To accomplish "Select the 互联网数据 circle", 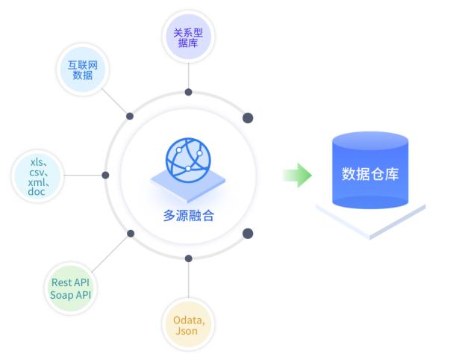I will (82, 69).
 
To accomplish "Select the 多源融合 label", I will (188, 216).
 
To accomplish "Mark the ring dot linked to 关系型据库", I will (188, 93).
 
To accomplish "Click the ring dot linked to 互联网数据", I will (130, 117).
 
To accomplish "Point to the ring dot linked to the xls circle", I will (105, 175).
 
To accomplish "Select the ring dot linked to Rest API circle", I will (131, 233).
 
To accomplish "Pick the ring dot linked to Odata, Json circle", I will (188, 258).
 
